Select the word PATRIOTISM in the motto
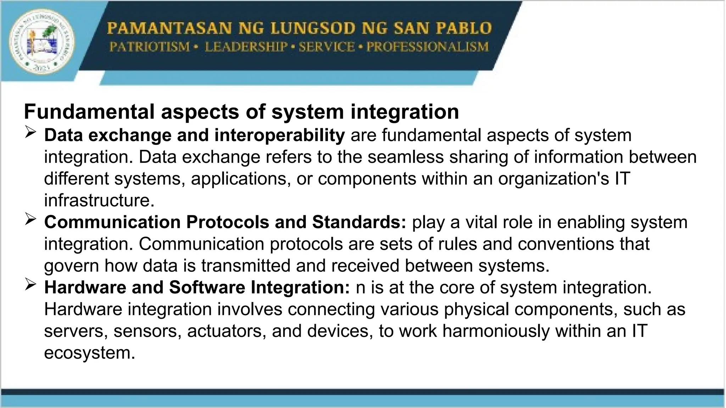click(149, 47)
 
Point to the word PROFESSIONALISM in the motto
click(427, 47)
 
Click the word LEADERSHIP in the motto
click(246, 47)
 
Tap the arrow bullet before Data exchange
click(31, 134)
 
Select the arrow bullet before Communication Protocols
click(31, 220)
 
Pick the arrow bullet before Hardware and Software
click(31, 285)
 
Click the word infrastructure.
click(99, 200)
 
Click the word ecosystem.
click(90, 353)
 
